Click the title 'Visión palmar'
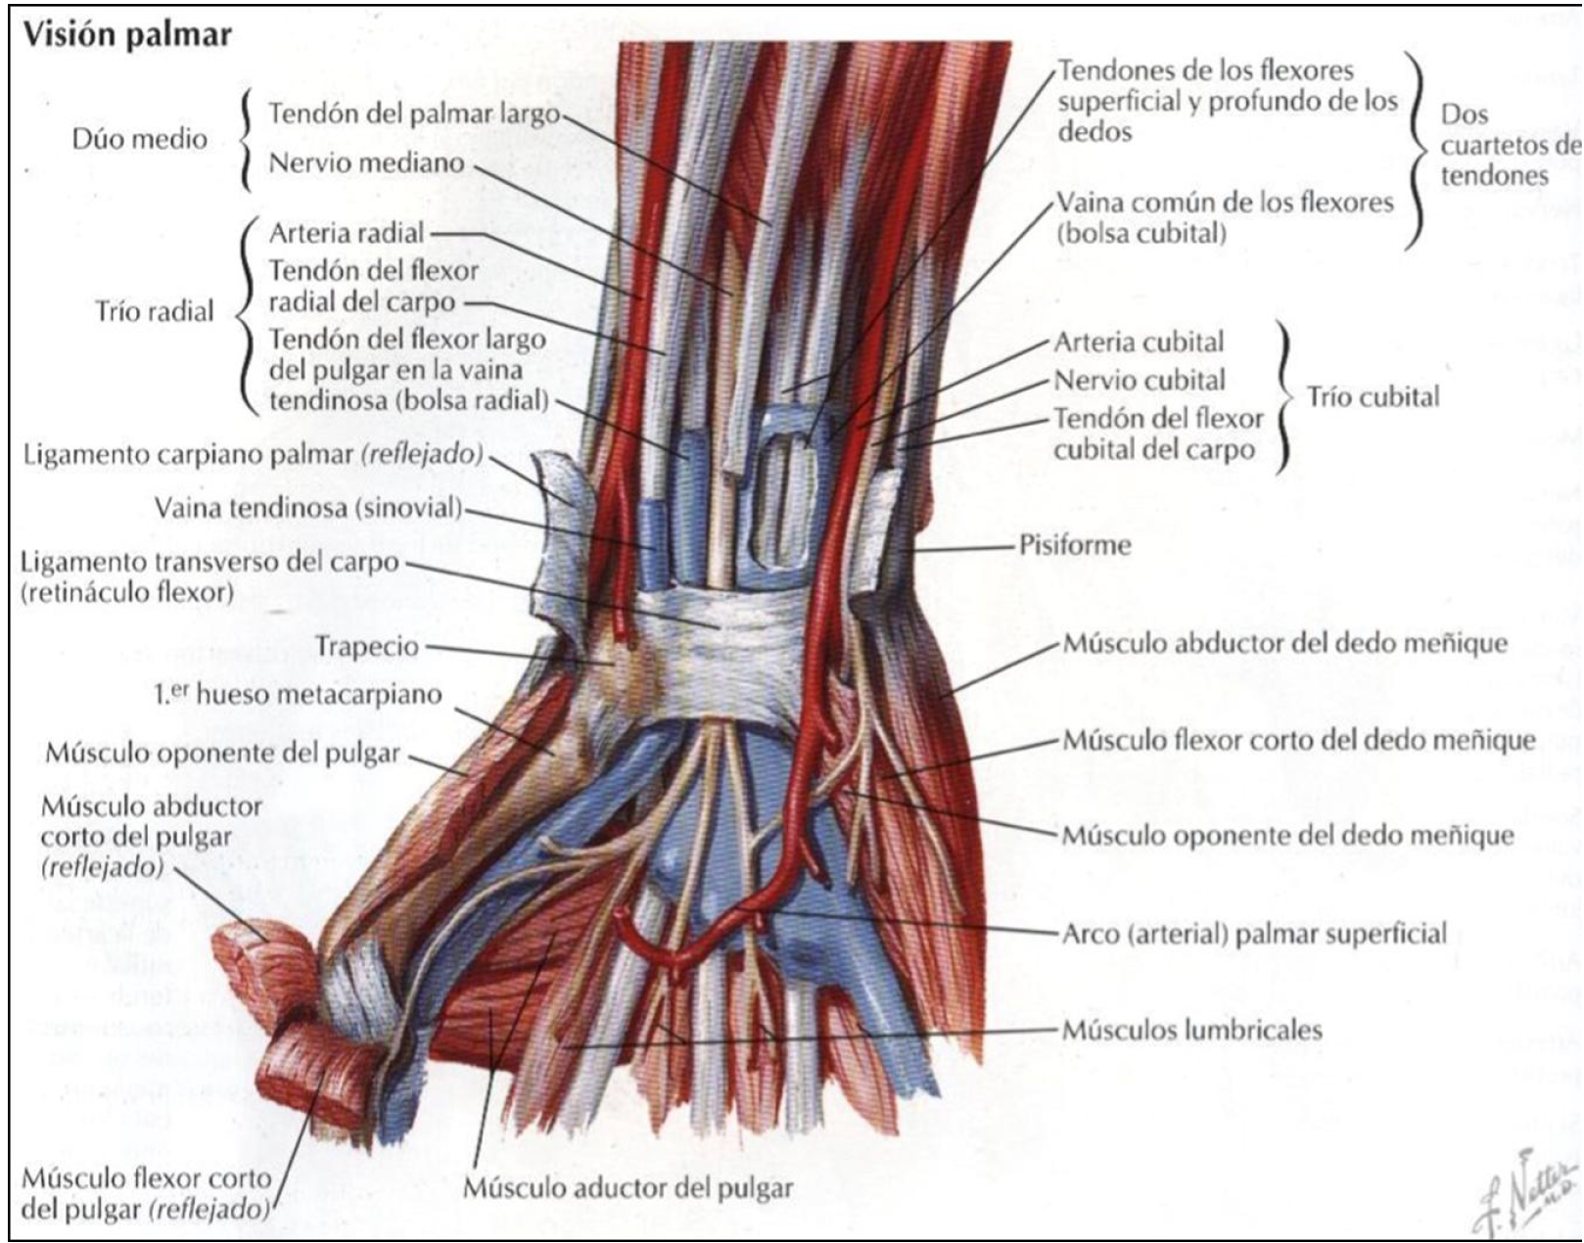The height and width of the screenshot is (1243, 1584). pyautogui.click(x=127, y=35)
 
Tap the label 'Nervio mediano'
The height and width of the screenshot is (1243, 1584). pyautogui.click(x=367, y=162)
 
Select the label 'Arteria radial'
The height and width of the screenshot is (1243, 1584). pyautogui.click(x=347, y=233)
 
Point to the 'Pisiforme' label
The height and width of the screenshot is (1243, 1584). pyautogui.click(x=1075, y=545)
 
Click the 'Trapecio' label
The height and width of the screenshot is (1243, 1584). pyautogui.click(x=367, y=646)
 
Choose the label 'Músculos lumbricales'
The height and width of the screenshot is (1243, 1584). pyautogui.click(x=1192, y=1030)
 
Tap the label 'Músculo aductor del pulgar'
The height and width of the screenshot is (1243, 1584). pyautogui.click(x=628, y=1188)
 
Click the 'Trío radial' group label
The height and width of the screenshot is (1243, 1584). pyautogui.click(x=154, y=311)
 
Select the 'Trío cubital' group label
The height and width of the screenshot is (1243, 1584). pyautogui.click(x=1373, y=396)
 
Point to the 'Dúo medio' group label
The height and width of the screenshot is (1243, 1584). pyautogui.click(x=139, y=139)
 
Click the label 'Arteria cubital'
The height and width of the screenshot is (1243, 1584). pyautogui.click(x=1139, y=343)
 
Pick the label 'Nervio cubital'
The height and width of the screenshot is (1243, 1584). pyautogui.click(x=1140, y=380)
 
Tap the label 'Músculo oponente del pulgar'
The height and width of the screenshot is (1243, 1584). pyautogui.click(x=223, y=753)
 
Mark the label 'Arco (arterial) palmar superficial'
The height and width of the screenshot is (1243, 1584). pyautogui.click(x=1254, y=933)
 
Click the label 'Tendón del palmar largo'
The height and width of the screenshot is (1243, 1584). pyautogui.click(x=413, y=114)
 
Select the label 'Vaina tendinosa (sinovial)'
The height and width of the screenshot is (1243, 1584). pyautogui.click(x=307, y=508)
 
